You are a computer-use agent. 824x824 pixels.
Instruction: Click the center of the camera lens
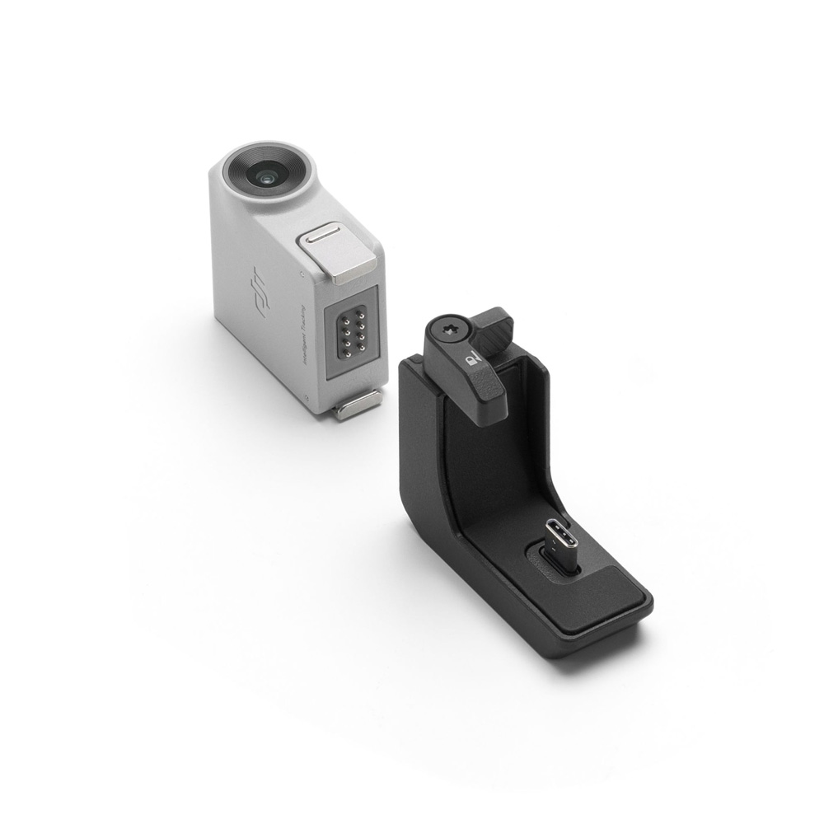pos(265,176)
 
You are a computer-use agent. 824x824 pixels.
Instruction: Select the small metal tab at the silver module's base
pos(358,405)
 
